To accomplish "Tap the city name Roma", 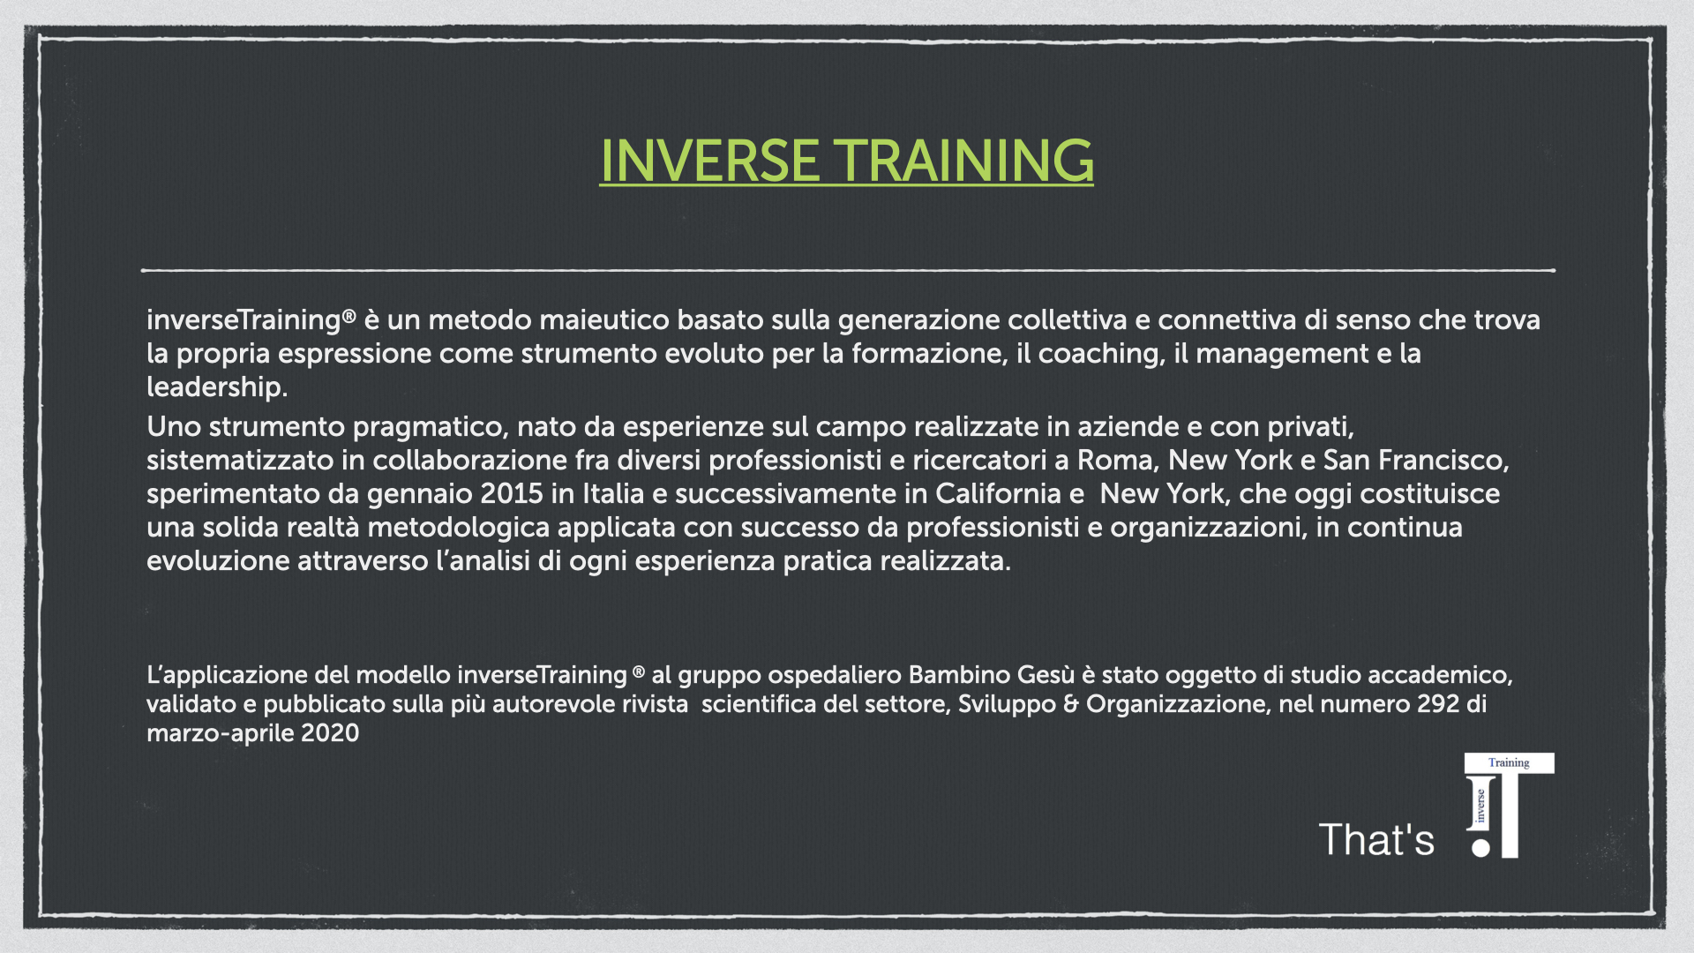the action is click(1114, 461).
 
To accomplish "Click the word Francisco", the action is click(1443, 461).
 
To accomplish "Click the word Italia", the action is click(613, 494).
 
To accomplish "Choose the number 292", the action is click(1438, 704).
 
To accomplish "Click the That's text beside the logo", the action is click(1376, 839).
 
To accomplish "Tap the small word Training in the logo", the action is click(1509, 762).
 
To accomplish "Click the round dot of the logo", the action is click(1480, 848).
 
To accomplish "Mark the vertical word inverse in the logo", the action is click(1480, 806).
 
